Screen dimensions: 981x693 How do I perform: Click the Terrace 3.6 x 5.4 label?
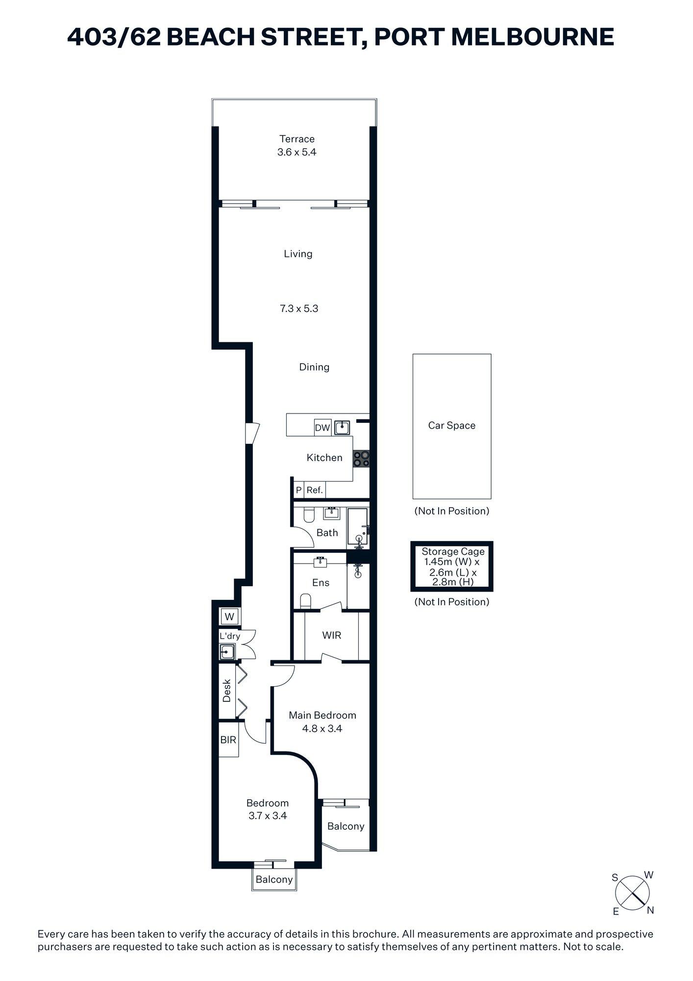(297, 146)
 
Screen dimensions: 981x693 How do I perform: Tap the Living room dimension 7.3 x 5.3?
(299, 309)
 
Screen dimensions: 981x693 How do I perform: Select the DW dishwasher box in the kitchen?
(322, 428)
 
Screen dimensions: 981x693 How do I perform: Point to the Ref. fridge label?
(315, 490)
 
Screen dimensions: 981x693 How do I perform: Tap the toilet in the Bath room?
(309, 516)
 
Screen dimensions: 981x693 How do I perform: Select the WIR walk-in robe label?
(331, 635)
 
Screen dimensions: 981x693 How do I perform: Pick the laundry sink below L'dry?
(227, 652)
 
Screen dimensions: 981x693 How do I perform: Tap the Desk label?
(227, 691)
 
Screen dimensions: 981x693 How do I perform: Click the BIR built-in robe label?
(228, 740)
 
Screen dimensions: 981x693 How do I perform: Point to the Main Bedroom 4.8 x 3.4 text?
(322, 722)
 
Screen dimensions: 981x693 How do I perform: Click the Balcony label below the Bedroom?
(274, 879)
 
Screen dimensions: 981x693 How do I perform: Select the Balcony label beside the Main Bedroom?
(346, 826)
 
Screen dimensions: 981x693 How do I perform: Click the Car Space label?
(451, 425)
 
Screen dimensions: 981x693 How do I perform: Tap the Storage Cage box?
(451, 567)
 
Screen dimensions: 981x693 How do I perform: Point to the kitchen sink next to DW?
(342, 428)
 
